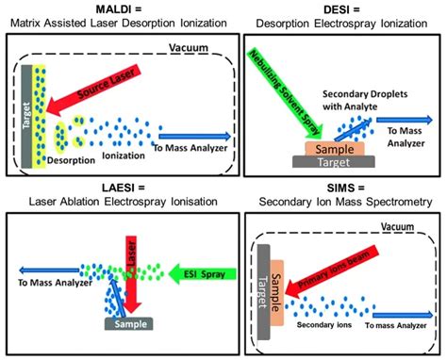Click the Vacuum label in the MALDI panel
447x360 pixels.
coord(190,48)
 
